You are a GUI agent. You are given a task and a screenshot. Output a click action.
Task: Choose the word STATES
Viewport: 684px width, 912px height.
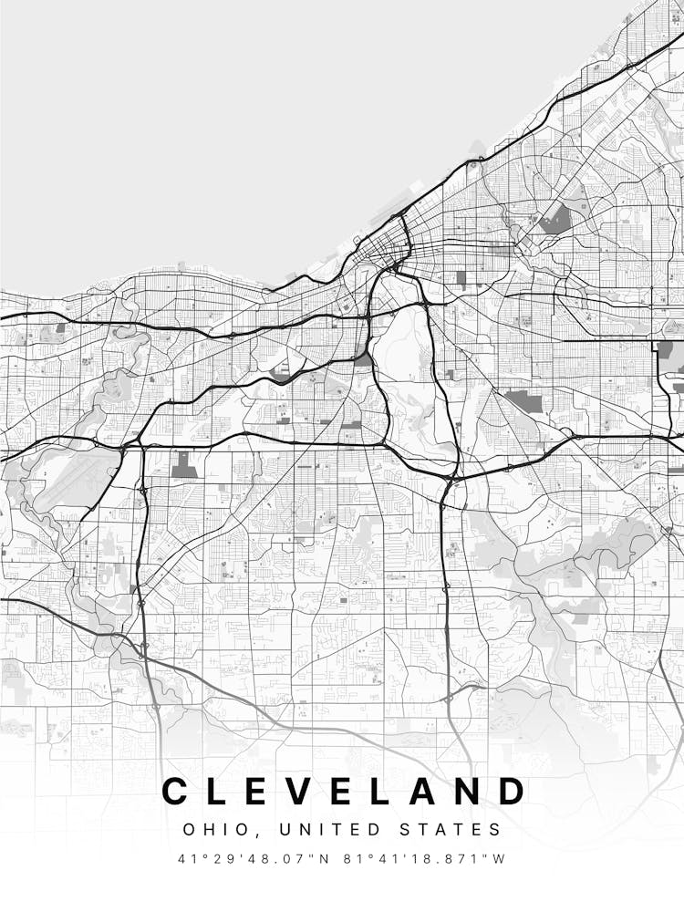(x=454, y=830)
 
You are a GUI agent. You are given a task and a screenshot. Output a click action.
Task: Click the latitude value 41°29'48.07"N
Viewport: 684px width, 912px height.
(x=255, y=859)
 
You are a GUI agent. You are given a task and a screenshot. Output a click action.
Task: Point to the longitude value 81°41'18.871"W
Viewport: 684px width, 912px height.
(x=424, y=859)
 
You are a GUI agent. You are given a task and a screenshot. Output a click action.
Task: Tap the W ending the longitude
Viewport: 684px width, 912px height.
(x=499, y=859)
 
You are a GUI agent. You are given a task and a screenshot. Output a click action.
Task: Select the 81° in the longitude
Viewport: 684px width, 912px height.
(x=357, y=859)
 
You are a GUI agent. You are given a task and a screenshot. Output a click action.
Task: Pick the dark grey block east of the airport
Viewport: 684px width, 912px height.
(x=184, y=466)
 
